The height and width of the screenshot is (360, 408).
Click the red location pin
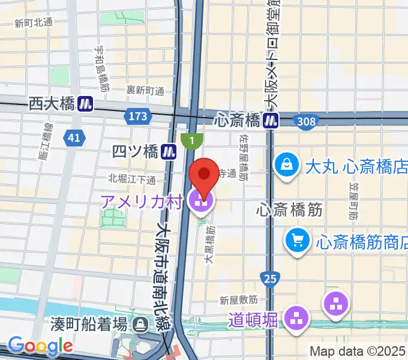tap(203, 176)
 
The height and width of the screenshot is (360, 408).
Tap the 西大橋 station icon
tap(85, 104)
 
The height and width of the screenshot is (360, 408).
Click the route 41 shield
tap(74, 138)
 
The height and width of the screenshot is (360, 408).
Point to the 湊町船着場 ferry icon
tap(141, 325)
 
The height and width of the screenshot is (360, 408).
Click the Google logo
tap(40, 346)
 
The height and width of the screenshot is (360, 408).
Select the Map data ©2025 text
tap(358, 351)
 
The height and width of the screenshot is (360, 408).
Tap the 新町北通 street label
tap(34, 23)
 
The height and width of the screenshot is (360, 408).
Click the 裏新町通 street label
tap(145, 90)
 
